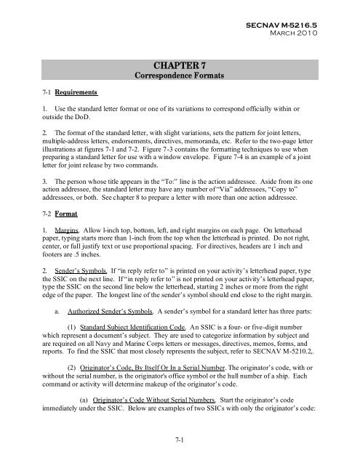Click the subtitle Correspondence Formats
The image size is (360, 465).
click(x=180, y=79)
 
